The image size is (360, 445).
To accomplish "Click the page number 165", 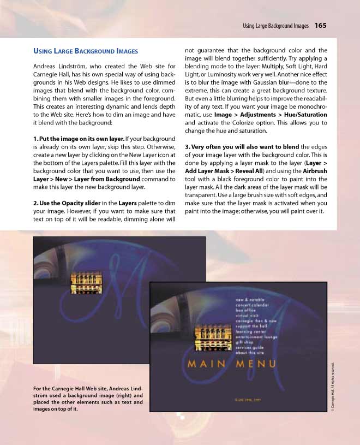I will coord(320,25).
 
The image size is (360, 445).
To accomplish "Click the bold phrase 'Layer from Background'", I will coord(109,179).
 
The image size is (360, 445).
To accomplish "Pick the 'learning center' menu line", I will coord(251,331).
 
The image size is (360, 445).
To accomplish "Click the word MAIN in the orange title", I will coord(207,364).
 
